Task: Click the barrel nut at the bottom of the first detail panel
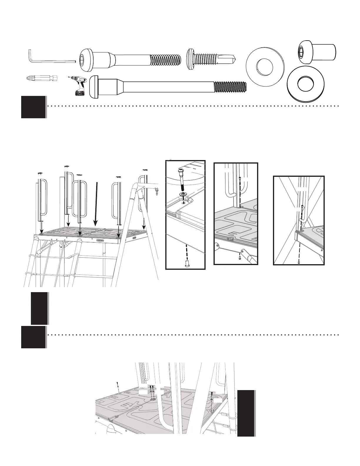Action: pos(186,263)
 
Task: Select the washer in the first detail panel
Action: pos(184,195)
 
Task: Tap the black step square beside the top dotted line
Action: pos(33,107)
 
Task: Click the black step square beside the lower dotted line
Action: pos(33,337)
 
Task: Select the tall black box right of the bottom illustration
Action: pos(246,413)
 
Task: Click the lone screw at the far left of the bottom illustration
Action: pos(117,385)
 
